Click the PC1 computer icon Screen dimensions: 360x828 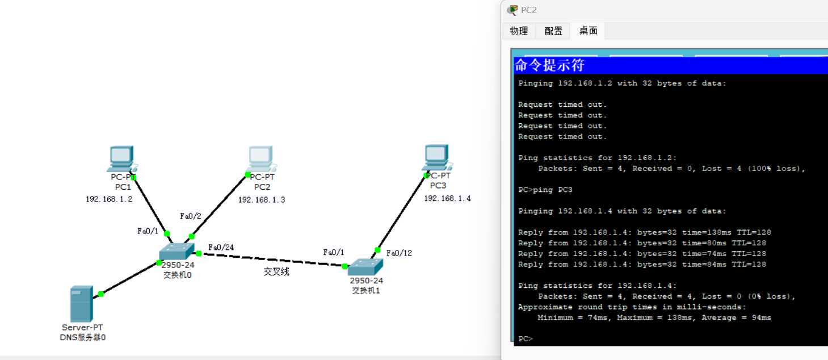(x=120, y=158)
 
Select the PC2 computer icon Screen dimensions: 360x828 (x=260, y=158)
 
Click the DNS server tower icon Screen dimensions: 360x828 (x=81, y=304)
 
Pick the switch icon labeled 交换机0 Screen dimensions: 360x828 (x=176, y=252)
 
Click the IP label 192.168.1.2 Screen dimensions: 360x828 (x=109, y=199)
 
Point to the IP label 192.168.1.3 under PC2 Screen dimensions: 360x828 (x=262, y=200)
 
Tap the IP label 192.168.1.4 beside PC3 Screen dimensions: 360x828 (x=447, y=199)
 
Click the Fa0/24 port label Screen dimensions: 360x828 (x=221, y=248)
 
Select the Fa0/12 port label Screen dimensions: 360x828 (x=399, y=253)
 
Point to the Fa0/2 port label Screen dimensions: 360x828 (x=191, y=216)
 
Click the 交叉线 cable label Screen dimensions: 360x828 (x=276, y=272)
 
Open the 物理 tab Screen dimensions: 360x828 (x=519, y=31)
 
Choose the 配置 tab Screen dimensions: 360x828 (x=553, y=31)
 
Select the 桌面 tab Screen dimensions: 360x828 (x=588, y=31)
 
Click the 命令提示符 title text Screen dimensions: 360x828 (x=549, y=65)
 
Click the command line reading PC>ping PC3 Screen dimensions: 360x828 (x=545, y=190)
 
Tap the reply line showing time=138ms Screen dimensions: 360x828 (x=644, y=232)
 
